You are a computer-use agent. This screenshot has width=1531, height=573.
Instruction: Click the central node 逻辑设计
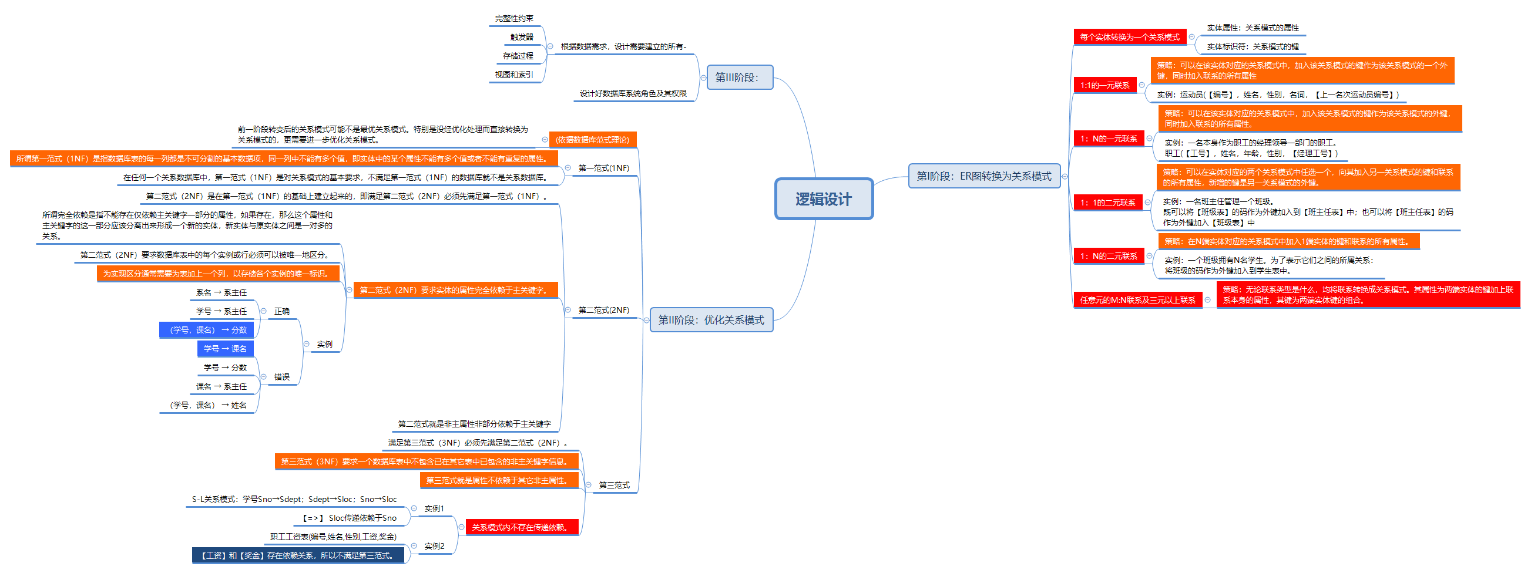pos(823,199)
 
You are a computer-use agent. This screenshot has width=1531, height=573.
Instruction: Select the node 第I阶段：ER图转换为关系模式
pos(983,176)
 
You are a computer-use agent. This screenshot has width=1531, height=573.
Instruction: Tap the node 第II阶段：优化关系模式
pos(711,320)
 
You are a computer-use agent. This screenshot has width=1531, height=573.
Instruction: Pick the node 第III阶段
pos(739,77)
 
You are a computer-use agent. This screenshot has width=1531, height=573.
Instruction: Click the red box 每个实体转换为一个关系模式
pos(1129,37)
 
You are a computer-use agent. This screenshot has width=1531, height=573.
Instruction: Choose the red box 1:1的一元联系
pos(1105,85)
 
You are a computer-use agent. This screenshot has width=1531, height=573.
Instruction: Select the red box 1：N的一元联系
pos(1109,139)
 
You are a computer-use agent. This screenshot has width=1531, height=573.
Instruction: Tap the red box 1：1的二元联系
pos(1108,203)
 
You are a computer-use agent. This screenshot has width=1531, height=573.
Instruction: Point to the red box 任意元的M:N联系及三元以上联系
pos(1137,300)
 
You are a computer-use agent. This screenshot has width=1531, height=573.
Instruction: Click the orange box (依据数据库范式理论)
pos(592,140)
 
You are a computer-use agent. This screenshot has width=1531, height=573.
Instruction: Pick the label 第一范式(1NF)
pos(603,168)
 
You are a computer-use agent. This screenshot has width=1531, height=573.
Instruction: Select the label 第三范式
pos(614,485)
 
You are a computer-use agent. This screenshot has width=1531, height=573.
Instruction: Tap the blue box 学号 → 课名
pos(225,349)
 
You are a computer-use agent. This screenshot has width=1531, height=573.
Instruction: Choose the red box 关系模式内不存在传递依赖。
pos(521,527)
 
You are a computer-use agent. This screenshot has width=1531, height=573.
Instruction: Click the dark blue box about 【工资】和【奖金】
pos(298,555)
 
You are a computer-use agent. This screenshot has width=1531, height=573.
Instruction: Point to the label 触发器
pos(521,37)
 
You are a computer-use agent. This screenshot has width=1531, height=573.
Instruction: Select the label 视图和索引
pos(513,74)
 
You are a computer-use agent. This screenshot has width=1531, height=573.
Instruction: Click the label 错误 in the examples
pos(282,377)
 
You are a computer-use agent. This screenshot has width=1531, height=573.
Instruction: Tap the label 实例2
pos(434,545)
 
